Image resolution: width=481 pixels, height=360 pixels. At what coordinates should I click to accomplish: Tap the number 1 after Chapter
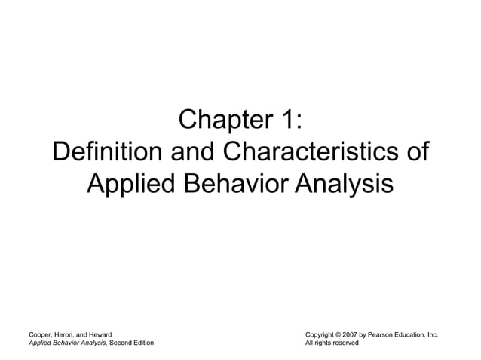coord(290,121)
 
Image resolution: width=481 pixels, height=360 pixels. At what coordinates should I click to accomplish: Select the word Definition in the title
coord(107,152)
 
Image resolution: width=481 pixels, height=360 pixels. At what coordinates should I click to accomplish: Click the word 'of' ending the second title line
coord(416,152)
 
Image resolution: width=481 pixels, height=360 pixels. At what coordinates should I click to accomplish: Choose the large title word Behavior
coord(234,183)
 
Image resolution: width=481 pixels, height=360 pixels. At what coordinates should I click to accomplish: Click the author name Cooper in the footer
coord(40,334)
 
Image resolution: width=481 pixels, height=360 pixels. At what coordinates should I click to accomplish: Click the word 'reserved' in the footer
coord(343,343)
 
